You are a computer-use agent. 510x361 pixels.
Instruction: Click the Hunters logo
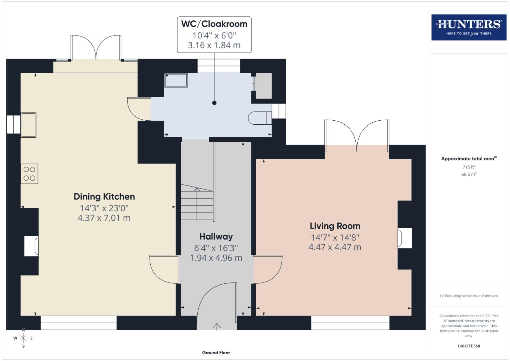(x=469, y=27)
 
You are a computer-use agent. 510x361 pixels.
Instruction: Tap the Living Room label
(x=335, y=226)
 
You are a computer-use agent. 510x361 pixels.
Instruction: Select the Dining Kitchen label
(x=104, y=197)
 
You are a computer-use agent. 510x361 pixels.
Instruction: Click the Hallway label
(x=216, y=237)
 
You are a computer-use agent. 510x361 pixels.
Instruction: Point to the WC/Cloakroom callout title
(x=214, y=24)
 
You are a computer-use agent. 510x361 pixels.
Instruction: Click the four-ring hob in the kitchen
(x=29, y=174)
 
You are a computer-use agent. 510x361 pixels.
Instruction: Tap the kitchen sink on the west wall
(x=28, y=125)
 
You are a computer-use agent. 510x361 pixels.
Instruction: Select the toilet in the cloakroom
(x=260, y=118)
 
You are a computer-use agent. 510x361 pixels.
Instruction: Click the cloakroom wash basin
(x=176, y=80)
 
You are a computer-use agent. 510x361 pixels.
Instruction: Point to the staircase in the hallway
(x=197, y=203)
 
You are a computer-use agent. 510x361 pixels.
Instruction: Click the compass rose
(x=23, y=338)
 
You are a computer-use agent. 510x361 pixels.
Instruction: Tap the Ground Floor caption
(x=216, y=353)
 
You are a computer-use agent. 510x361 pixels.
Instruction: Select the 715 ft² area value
(x=469, y=167)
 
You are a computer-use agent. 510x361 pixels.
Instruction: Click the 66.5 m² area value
(x=469, y=174)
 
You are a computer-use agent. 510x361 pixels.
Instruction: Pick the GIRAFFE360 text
(x=469, y=346)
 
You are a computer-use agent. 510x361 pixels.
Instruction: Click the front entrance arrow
(x=217, y=327)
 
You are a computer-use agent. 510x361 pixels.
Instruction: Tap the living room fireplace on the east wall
(x=404, y=238)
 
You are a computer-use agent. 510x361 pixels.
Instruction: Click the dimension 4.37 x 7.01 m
(x=104, y=218)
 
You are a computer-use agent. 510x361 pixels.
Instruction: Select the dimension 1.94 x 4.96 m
(x=216, y=258)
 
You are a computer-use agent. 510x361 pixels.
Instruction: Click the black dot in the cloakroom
(x=214, y=103)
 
